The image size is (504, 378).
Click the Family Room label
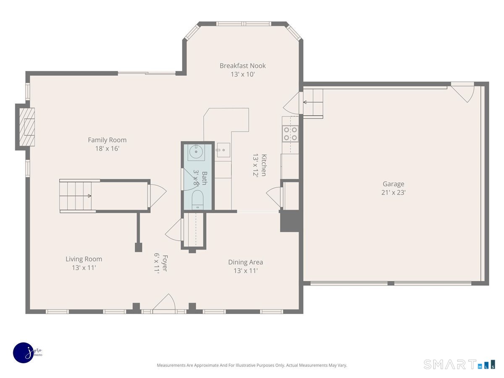click(x=107, y=140)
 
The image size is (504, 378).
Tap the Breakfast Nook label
click(x=242, y=66)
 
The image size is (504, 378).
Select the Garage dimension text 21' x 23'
click(x=393, y=192)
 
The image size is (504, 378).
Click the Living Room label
click(x=84, y=259)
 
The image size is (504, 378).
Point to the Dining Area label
click(x=245, y=262)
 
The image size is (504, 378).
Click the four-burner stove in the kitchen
click(x=291, y=134)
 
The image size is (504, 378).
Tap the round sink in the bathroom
click(x=196, y=152)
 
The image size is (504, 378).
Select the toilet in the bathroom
click(x=197, y=200)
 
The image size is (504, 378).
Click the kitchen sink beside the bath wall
click(x=223, y=150)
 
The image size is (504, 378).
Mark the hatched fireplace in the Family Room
click(x=27, y=127)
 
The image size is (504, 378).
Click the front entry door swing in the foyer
click(x=164, y=303)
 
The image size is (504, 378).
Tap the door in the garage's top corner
click(x=462, y=92)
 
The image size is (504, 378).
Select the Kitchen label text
click(x=264, y=165)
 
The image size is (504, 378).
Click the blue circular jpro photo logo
click(x=24, y=353)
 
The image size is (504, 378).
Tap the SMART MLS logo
click(x=459, y=364)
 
